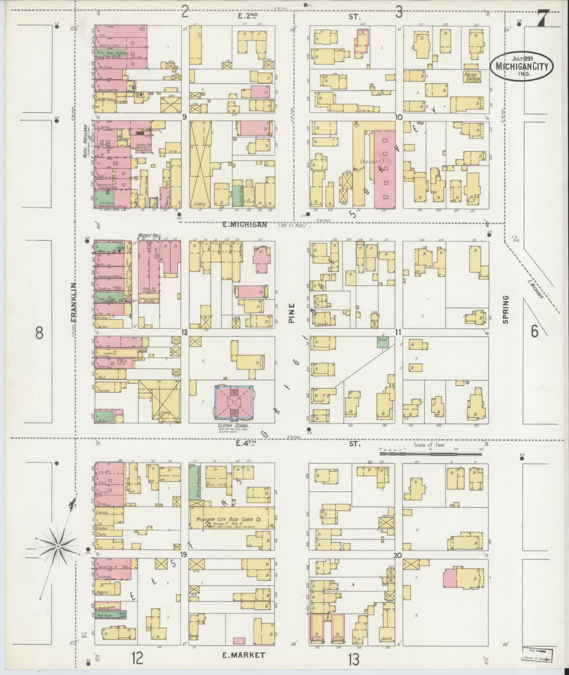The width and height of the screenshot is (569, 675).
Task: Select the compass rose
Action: [57, 556]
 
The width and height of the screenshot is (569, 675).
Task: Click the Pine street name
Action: [291, 313]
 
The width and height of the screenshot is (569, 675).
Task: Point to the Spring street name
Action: [506, 309]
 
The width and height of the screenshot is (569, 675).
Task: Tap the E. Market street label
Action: [243, 655]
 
